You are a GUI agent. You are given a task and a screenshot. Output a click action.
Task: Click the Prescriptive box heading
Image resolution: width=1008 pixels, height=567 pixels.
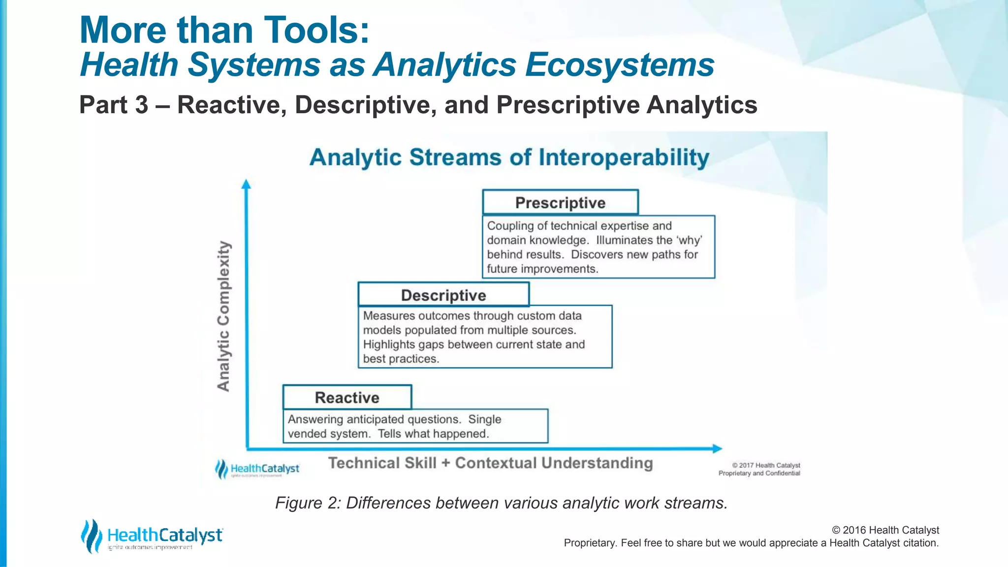point(560,203)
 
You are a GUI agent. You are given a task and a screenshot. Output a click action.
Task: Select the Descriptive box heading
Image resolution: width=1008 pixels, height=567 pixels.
point(443,295)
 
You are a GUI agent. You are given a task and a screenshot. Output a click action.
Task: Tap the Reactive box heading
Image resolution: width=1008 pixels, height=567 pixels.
point(347,398)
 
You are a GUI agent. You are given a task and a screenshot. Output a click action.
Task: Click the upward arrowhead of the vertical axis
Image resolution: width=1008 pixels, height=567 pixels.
point(246,185)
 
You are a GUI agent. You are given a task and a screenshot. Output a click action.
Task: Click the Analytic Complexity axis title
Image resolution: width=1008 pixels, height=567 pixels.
point(224,316)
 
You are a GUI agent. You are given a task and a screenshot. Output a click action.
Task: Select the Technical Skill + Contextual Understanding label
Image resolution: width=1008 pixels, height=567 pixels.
point(490,463)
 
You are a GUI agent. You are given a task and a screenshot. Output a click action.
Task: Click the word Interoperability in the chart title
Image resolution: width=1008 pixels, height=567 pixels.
point(624,157)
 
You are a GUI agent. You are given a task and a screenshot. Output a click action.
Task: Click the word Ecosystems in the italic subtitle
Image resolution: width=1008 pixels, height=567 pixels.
point(619,65)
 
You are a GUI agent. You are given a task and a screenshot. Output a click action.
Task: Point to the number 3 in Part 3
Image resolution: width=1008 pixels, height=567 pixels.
point(141,105)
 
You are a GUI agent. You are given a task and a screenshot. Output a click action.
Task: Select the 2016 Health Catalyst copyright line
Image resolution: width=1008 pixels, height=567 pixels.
point(885,530)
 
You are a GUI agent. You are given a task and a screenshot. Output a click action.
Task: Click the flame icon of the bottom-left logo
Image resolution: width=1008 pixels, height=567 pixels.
point(91,536)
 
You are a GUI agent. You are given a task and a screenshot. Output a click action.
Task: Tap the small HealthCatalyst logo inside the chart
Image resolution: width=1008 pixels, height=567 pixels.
point(257,469)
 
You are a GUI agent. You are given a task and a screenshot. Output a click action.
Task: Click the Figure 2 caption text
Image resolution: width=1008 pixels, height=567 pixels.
point(501,503)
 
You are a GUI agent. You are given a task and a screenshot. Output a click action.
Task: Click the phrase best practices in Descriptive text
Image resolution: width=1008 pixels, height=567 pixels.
point(401,359)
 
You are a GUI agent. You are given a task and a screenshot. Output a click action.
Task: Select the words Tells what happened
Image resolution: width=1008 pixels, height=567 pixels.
point(433,434)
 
